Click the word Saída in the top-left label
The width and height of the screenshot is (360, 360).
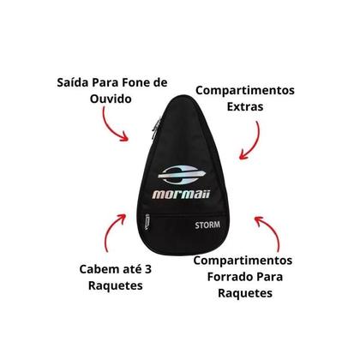click(x=73, y=82)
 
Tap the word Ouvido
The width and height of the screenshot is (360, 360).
click(x=111, y=99)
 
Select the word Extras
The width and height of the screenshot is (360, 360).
click(x=245, y=106)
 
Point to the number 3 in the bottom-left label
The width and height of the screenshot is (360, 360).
click(x=147, y=269)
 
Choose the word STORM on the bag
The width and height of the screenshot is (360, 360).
click(x=207, y=225)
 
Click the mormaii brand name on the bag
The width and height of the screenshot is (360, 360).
click(x=182, y=195)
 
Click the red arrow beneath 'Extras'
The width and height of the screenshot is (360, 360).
click(x=254, y=141)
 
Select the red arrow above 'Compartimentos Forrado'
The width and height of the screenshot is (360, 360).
click(x=272, y=230)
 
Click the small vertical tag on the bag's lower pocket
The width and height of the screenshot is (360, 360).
click(x=147, y=222)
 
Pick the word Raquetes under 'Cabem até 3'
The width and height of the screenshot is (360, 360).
click(x=116, y=285)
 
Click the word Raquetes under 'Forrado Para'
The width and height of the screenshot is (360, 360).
click(x=245, y=293)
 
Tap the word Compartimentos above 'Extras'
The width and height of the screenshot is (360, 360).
click(x=245, y=90)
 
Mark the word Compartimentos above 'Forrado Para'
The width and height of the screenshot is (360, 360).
click(x=243, y=261)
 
